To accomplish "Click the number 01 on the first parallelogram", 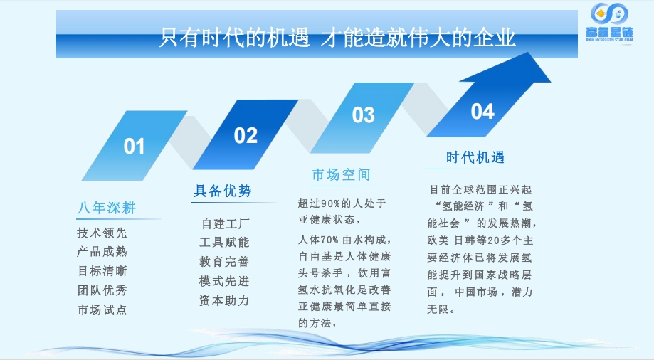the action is (134, 147).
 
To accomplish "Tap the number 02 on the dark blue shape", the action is (246, 136).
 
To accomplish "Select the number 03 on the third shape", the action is (363, 115).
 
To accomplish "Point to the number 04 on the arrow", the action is (482, 112).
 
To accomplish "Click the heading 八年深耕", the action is (107, 208).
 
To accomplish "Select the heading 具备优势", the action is (222, 191).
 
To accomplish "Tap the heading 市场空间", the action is (341, 174).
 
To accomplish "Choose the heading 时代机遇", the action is (475, 157).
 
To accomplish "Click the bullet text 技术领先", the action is (102, 233).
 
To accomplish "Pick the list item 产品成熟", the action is (102, 252).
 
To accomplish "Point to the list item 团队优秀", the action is (102, 290).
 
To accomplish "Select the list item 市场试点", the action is (102, 309).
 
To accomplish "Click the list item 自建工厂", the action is (225, 224).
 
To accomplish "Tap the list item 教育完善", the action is (224, 262).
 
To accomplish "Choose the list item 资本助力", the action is (224, 300).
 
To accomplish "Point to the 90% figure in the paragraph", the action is (331, 204).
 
